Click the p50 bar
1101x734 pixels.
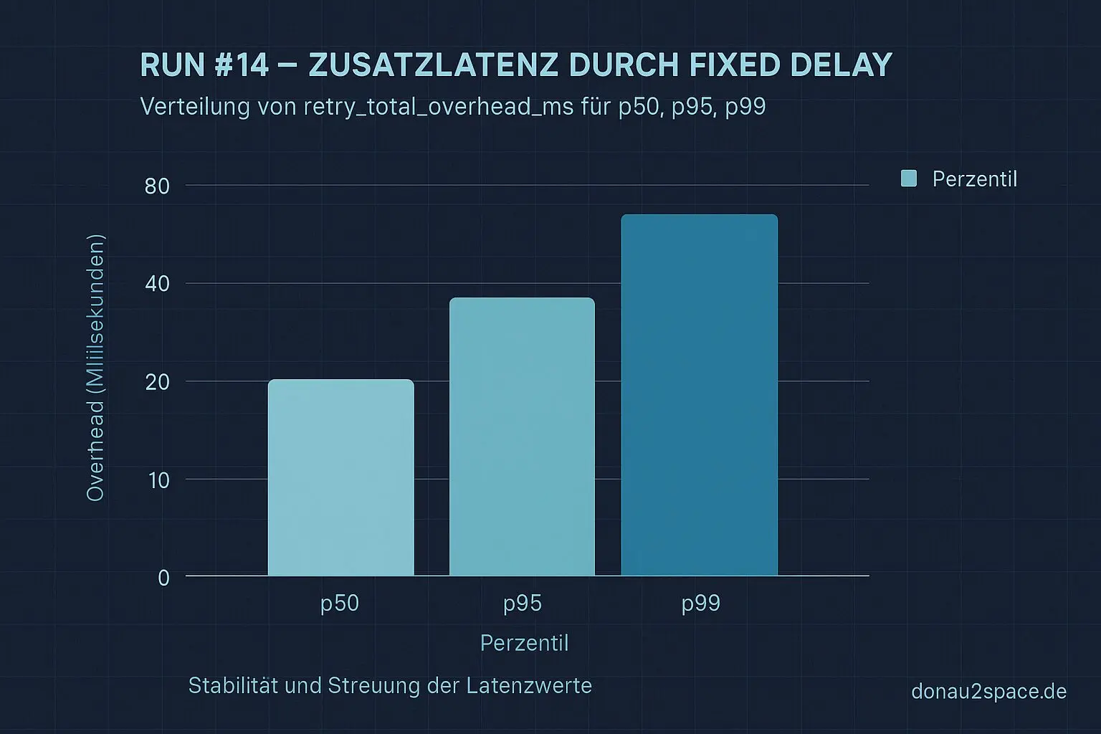point(340,477)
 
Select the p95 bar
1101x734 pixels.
point(522,437)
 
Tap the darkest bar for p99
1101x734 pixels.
point(699,395)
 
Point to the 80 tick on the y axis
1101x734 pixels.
point(157,186)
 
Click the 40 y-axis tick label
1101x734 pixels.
point(157,284)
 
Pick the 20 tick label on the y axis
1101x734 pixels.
point(157,382)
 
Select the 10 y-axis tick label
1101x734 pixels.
point(158,480)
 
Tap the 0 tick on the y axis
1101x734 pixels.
point(163,578)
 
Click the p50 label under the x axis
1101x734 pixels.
point(340,604)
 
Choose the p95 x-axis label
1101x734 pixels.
point(523,604)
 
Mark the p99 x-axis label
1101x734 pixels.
point(700,604)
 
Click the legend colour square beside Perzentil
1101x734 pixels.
point(909,178)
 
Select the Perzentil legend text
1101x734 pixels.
point(974,179)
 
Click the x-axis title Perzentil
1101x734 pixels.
point(524,643)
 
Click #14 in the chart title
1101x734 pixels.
point(241,65)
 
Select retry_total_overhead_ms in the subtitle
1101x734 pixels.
point(439,107)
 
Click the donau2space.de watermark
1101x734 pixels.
point(988,692)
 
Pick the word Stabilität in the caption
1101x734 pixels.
point(233,686)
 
